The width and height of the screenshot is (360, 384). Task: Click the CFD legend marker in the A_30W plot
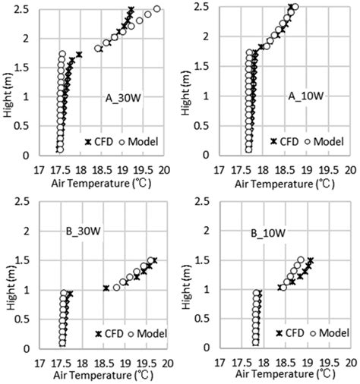(88, 142)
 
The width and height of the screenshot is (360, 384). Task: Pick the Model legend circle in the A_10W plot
(308, 141)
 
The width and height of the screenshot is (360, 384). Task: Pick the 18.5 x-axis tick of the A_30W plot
(102, 171)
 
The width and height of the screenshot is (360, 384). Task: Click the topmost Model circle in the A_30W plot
(157, 9)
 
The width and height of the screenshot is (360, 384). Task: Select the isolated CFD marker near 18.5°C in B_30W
(106, 288)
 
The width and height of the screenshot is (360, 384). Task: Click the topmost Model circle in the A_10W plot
(295, 7)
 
